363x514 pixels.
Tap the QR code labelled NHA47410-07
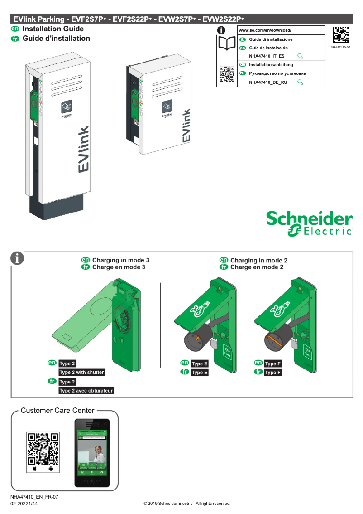[x=340, y=35]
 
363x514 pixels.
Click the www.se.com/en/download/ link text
[x=265, y=30]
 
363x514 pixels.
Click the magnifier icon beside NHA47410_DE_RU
[x=300, y=82]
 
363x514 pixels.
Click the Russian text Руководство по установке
[x=277, y=73]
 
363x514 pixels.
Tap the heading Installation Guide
[x=53, y=29]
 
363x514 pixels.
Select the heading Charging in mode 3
[x=120, y=260]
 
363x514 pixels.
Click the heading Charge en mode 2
[x=257, y=267]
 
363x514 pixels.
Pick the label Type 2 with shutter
[x=82, y=372]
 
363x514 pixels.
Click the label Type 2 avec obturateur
[x=86, y=390]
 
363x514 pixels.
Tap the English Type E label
[x=200, y=364]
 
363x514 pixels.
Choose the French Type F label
[x=273, y=373]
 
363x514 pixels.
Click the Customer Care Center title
[x=57, y=411]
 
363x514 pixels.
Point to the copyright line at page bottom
[x=187, y=504]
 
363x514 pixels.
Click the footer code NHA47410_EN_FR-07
[x=34, y=497]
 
